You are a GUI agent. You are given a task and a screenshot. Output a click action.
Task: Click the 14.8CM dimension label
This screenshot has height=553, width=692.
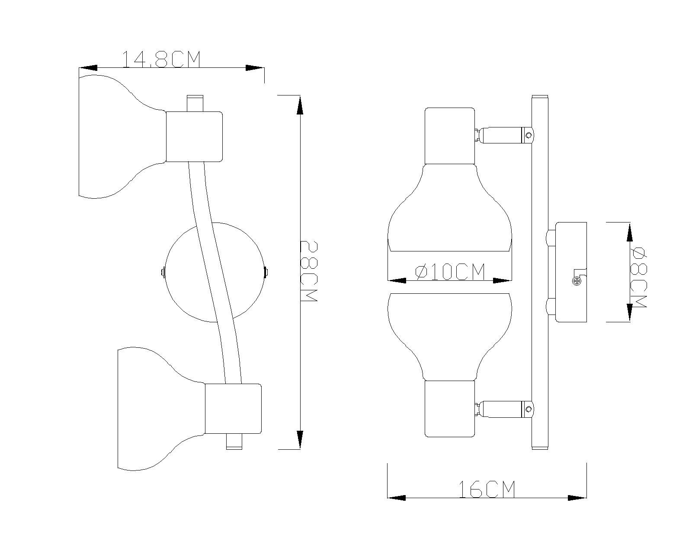point(161,60)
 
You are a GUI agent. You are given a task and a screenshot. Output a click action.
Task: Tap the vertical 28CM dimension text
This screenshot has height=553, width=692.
point(309,271)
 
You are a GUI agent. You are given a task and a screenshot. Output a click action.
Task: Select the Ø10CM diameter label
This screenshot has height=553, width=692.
point(450,272)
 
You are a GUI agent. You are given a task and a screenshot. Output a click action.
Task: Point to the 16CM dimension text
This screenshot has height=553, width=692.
point(487,489)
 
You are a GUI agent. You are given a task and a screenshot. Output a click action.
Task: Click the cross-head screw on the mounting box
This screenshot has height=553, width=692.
point(577,282)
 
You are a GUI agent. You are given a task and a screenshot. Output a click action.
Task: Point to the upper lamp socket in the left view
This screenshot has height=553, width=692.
point(194,137)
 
